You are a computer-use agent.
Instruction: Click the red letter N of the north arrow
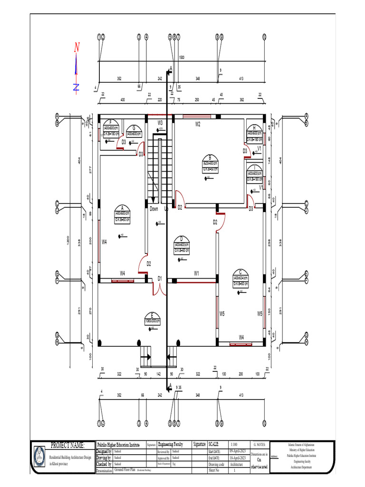coord(77,47)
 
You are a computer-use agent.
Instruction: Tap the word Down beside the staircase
coord(154,209)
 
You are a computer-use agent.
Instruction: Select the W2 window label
coord(198,124)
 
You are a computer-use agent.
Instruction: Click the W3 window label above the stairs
coord(161,123)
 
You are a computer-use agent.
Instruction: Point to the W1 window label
coord(196,273)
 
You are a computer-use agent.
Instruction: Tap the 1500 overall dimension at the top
coord(181,57)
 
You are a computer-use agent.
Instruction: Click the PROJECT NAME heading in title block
coord(67,446)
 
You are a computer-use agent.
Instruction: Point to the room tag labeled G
coord(134,131)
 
